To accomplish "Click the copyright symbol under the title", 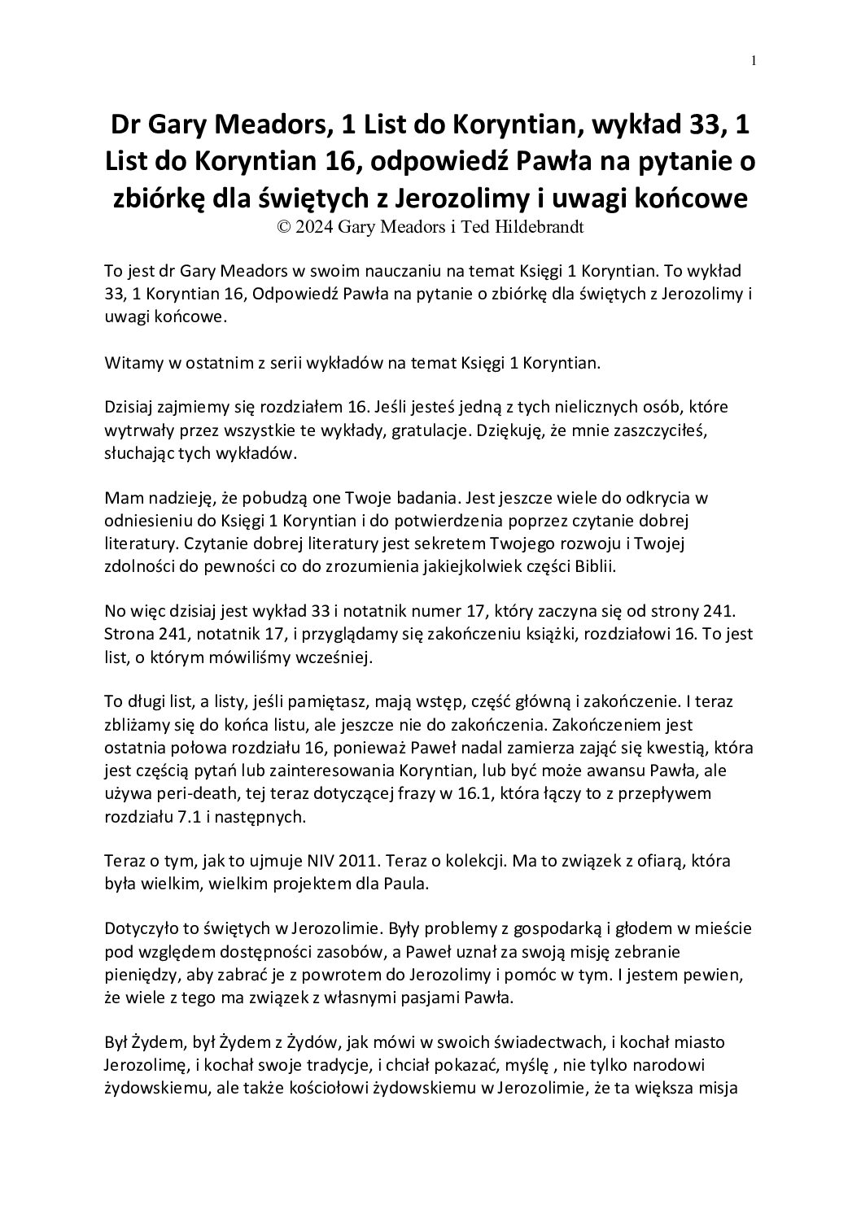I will click(284, 228).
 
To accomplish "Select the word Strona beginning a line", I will click(128, 635).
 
